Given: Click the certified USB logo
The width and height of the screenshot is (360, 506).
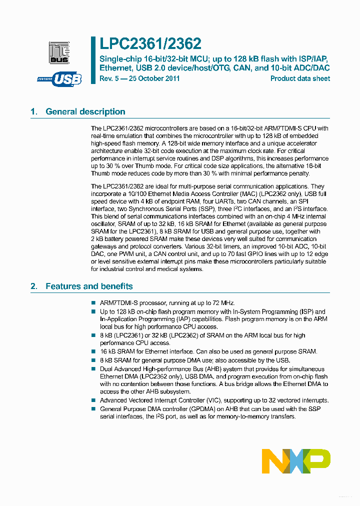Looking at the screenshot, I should pos(59,78).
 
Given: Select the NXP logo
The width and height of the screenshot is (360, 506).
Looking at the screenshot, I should pos(296,461).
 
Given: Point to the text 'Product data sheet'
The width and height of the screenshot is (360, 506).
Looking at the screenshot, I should pos(300,78).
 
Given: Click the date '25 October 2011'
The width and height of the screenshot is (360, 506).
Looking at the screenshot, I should pos(153,78).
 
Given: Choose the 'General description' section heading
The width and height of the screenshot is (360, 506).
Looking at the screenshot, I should pos(85,111).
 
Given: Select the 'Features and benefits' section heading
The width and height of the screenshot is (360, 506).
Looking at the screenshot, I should pos(89,286).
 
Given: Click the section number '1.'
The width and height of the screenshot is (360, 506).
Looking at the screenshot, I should pos(34,111).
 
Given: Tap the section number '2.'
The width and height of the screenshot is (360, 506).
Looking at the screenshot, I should pos(34,286).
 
